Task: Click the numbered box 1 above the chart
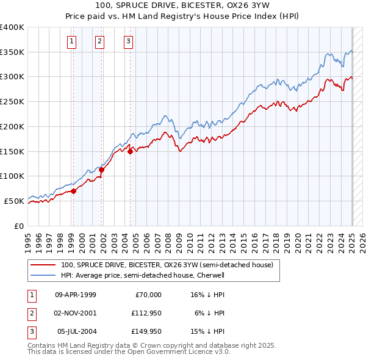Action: [x=72, y=41]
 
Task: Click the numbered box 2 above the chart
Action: [x=99, y=41]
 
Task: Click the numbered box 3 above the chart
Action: [x=129, y=41]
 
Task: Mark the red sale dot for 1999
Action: [x=74, y=191]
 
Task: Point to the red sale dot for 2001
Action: [x=102, y=170]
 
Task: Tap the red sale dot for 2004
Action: [x=131, y=152]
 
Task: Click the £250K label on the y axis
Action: [x=12, y=102]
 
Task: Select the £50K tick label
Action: [x=14, y=201]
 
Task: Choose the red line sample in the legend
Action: [x=43, y=265]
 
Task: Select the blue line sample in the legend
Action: [x=43, y=275]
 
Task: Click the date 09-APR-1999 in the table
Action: [x=76, y=295]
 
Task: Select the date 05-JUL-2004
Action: [x=76, y=331]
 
